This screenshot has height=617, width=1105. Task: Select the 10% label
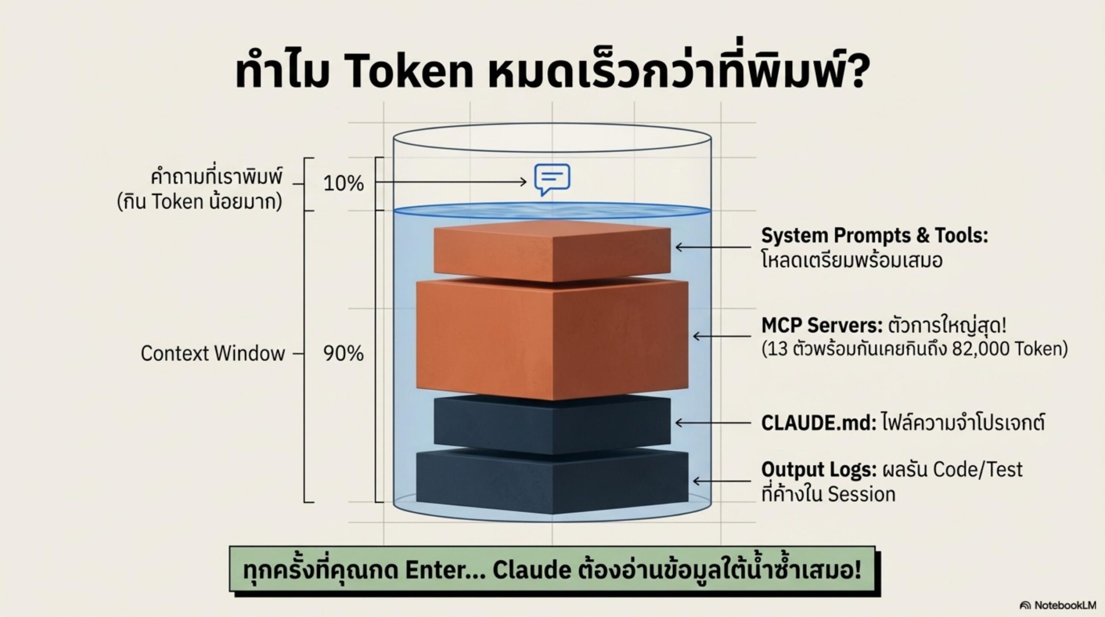344,184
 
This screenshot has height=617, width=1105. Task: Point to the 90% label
344,354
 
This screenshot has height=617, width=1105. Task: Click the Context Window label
213,354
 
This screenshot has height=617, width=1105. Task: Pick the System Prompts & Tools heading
875,236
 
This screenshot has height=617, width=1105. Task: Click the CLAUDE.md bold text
818,423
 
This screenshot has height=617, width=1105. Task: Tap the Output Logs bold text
818,469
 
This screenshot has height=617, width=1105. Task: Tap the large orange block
552,341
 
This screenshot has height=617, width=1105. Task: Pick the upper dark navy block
552,425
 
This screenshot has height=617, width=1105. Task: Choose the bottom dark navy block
552,481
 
